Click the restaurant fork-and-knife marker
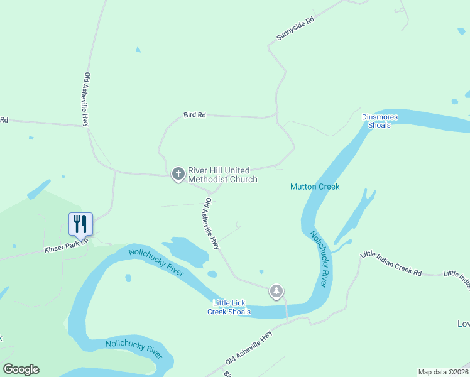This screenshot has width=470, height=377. pyautogui.click(x=80, y=223)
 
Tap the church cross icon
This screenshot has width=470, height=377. pyautogui.click(x=178, y=173)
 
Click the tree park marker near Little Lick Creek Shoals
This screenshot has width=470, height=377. pyautogui.click(x=276, y=291)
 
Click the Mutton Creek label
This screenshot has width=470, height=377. pyautogui.click(x=315, y=187)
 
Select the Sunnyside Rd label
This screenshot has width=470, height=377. pyautogui.click(x=295, y=30)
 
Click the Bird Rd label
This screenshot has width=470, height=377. pyautogui.click(x=195, y=115)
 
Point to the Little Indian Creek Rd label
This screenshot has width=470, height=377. pyautogui.click(x=390, y=263)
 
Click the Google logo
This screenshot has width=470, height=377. pyautogui.click(x=21, y=369)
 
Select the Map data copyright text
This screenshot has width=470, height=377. pyautogui.click(x=444, y=372)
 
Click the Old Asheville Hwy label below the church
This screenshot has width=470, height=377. pyautogui.click(x=210, y=224)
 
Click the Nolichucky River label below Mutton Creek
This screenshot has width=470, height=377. pyautogui.click(x=319, y=259)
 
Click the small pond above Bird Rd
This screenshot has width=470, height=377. pyautogui.click(x=138, y=50)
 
